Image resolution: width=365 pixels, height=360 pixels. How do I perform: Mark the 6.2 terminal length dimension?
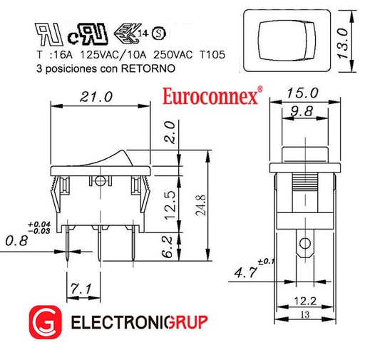click(167, 247)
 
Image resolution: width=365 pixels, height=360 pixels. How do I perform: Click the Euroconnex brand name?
click(209, 96)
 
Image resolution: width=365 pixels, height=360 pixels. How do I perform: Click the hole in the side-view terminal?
click(306, 247)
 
